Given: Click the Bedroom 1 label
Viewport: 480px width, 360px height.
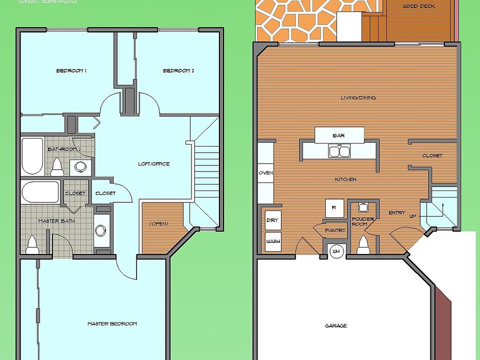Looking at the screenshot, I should pyautogui.click(x=71, y=71).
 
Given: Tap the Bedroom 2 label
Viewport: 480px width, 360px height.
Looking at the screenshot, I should pyautogui.click(x=178, y=71).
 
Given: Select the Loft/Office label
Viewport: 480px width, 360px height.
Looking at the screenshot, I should pyautogui.click(x=153, y=164).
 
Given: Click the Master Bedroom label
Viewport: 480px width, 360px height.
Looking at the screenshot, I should pyautogui.click(x=112, y=324).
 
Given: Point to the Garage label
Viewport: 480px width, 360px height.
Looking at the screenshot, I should pyautogui.click(x=335, y=326).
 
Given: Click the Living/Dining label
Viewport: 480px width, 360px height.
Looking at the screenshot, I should pyautogui.click(x=358, y=97).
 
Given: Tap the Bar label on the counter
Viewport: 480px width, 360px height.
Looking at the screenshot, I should pyautogui.click(x=338, y=135).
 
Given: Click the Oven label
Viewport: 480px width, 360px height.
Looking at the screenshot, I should pyautogui.click(x=265, y=173).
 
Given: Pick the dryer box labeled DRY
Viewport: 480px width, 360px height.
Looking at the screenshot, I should pyautogui.click(x=272, y=220).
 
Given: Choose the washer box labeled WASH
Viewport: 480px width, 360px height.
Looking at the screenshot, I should pyautogui.click(x=272, y=241).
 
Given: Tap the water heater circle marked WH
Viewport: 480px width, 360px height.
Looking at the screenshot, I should pyautogui.click(x=335, y=251).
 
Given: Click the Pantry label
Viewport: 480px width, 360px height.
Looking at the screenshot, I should pyautogui.click(x=334, y=230).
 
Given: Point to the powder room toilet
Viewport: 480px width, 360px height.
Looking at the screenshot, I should pyautogui.click(x=363, y=245).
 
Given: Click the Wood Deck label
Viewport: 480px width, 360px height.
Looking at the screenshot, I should pyautogui.click(x=418, y=6).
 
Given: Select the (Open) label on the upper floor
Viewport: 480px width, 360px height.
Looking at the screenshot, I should pyautogui.click(x=159, y=223).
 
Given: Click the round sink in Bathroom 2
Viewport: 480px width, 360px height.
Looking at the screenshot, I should pyautogui.click(x=78, y=167).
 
